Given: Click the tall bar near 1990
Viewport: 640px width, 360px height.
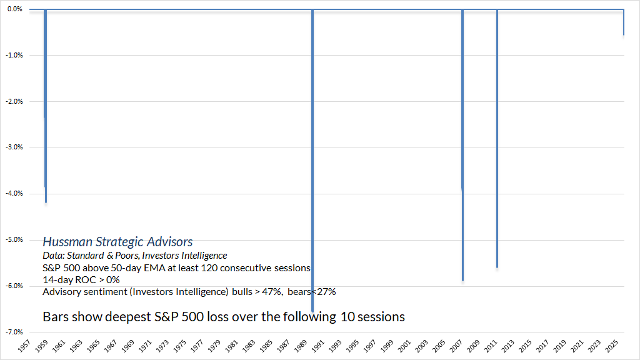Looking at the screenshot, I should click(x=312, y=156).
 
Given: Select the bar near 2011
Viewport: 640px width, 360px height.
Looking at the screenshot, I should click(x=497, y=137).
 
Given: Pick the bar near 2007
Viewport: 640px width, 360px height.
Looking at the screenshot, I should click(x=462, y=144).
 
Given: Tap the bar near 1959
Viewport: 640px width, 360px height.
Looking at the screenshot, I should click(x=46, y=106).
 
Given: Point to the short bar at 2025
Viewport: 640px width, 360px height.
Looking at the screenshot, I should click(x=624, y=22).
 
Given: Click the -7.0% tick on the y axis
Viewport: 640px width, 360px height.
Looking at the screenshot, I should click(x=14, y=332).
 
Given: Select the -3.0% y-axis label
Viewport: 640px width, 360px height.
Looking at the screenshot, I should click(x=14, y=147).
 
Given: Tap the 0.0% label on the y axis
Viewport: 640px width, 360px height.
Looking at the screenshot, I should click(x=14, y=9).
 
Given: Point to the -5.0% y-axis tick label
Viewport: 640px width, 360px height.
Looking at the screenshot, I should click(x=14, y=239).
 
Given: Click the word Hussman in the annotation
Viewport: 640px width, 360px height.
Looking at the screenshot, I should click(x=66, y=242).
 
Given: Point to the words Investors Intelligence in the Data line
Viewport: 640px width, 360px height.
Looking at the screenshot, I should click(x=192, y=256).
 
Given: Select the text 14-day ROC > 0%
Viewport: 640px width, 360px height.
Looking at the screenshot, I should click(x=81, y=279).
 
